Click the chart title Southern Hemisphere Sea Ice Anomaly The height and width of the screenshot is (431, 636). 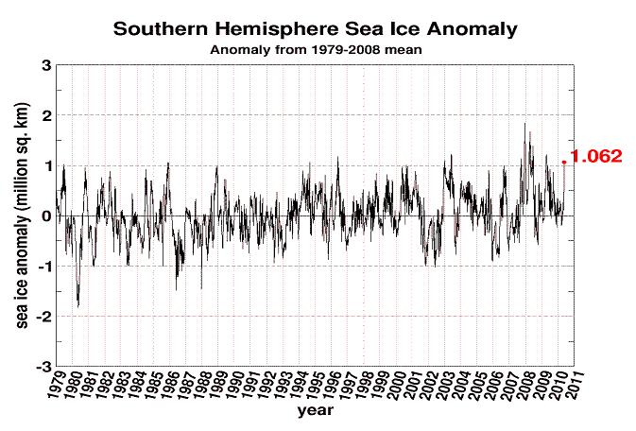click(316, 28)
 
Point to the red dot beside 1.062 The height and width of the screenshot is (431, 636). click(565, 163)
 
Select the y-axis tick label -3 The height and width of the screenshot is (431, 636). click(43, 366)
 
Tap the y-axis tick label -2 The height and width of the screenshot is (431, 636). click(43, 316)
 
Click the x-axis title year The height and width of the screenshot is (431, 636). click(316, 413)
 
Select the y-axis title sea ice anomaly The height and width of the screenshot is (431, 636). click(20, 215)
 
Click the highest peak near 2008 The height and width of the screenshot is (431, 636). click(525, 123)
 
